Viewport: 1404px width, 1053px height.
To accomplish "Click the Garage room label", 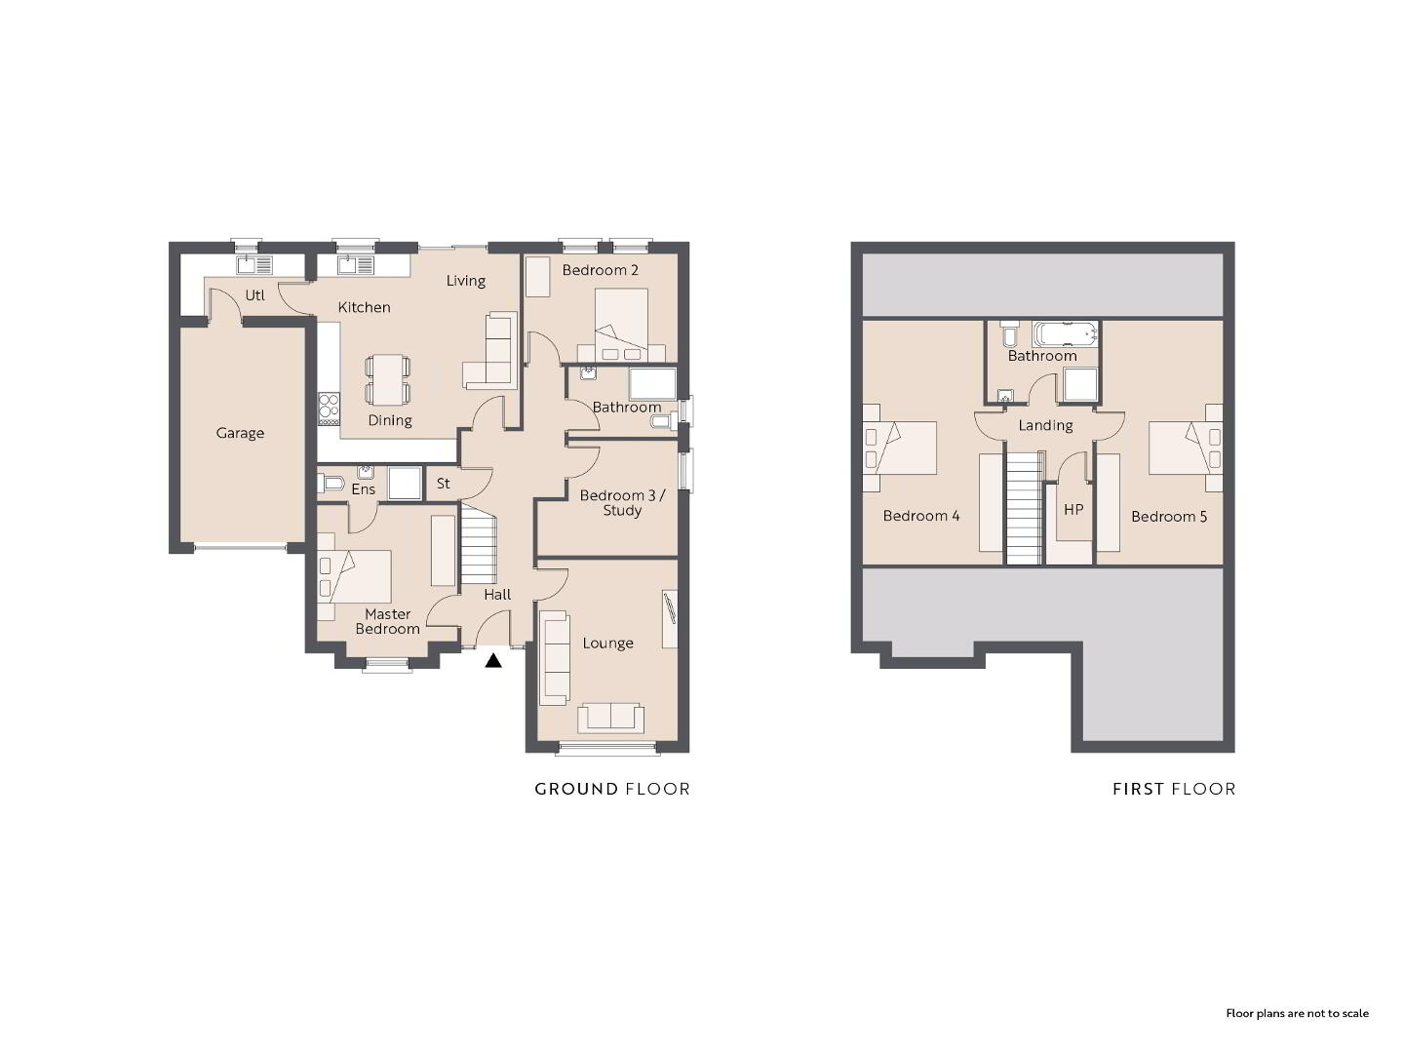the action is (x=240, y=434).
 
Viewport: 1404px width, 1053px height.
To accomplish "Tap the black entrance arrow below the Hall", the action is (x=493, y=660).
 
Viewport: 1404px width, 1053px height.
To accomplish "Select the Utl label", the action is (x=254, y=295).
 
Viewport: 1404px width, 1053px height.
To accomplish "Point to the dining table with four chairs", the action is (x=388, y=380).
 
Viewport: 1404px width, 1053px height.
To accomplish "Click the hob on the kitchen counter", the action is (x=329, y=409).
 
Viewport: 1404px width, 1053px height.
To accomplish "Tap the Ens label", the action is (x=364, y=489).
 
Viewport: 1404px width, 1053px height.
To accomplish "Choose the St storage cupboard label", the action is (x=444, y=484).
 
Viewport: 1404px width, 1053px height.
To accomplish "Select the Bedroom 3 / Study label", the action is (x=622, y=502).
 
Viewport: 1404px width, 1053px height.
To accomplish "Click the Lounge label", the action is (x=607, y=643).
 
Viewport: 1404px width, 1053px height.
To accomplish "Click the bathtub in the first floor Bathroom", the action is (x=1065, y=333).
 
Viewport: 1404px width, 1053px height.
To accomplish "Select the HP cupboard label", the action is (x=1073, y=510).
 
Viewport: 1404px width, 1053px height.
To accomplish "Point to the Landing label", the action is (x=1046, y=426).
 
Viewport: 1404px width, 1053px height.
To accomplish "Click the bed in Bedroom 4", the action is (x=899, y=448).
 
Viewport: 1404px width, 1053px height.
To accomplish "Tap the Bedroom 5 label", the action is (x=1169, y=517).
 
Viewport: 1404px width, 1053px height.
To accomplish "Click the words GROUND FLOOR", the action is (x=612, y=790).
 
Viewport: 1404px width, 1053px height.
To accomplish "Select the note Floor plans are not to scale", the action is (x=1297, y=1013).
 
